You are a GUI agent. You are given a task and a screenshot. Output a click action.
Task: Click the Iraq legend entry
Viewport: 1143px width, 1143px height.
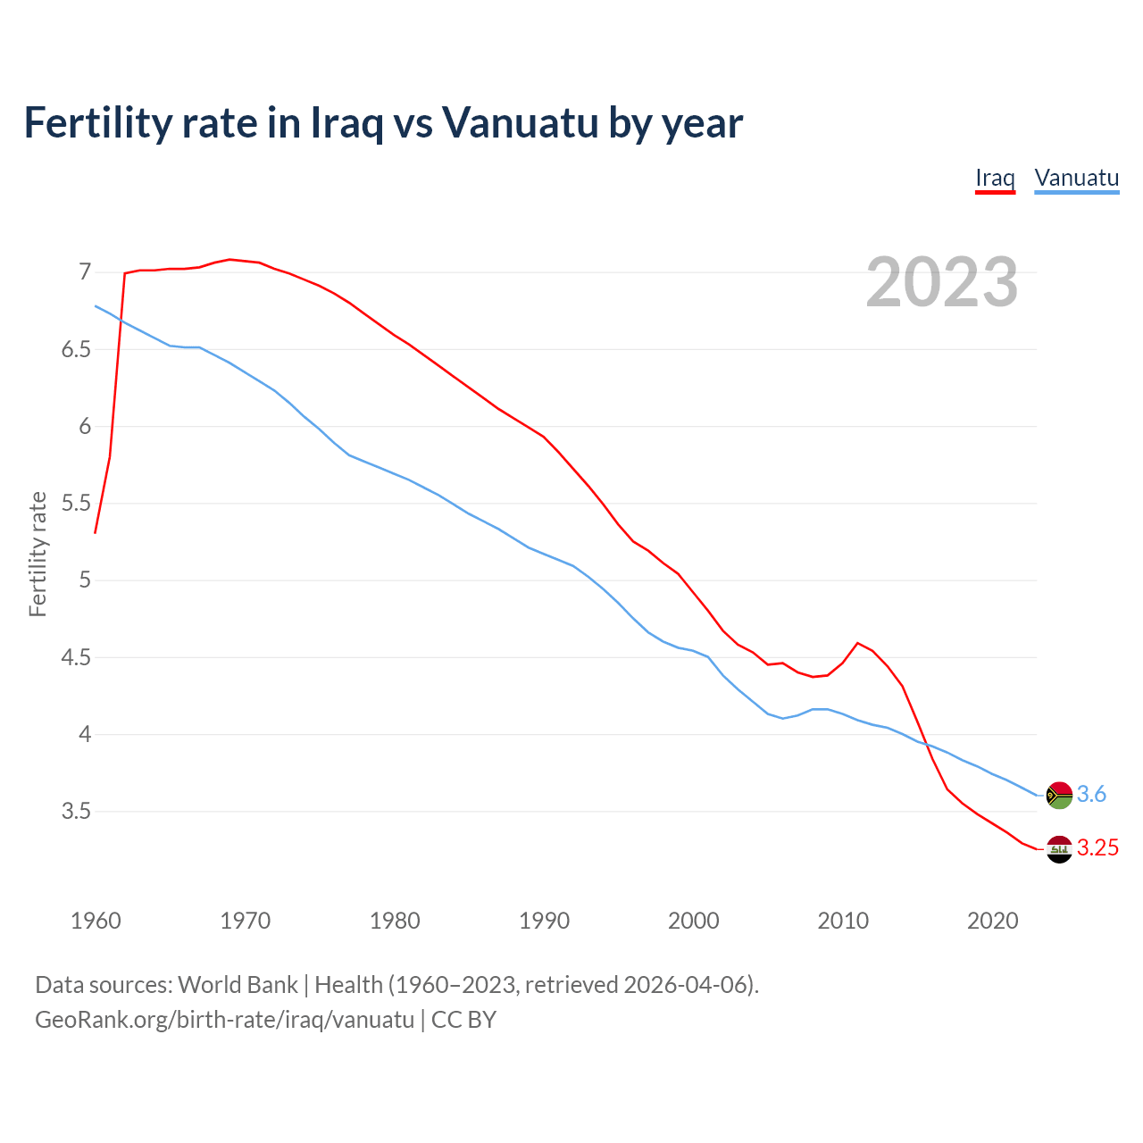[995, 178]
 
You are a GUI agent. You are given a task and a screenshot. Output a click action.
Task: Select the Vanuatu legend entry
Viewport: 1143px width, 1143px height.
[1076, 178]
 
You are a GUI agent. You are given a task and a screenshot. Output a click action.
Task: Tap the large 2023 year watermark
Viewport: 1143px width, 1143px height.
[942, 282]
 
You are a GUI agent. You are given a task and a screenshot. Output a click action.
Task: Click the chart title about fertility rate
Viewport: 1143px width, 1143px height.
[383, 122]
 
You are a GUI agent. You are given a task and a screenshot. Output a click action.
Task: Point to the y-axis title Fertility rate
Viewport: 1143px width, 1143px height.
[38, 554]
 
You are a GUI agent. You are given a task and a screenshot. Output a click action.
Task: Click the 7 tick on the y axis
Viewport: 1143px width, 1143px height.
[85, 271]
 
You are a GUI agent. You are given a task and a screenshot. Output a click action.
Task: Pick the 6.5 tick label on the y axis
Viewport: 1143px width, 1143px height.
[76, 349]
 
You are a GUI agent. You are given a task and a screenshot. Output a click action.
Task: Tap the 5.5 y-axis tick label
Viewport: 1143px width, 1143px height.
[76, 504]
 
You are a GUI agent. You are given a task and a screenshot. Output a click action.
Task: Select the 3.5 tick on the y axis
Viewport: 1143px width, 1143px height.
[76, 812]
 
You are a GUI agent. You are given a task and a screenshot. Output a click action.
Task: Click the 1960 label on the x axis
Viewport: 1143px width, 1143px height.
[96, 921]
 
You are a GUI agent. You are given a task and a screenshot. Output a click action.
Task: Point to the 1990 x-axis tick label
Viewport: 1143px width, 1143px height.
[544, 921]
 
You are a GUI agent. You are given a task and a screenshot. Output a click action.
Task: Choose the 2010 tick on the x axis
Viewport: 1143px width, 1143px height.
[843, 921]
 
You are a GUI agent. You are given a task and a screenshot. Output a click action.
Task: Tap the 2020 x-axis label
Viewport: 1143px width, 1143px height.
[992, 921]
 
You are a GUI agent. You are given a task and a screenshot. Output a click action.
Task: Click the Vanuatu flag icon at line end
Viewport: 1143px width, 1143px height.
[1059, 795]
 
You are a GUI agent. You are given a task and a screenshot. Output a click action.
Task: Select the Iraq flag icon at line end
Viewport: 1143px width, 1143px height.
[1059, 849]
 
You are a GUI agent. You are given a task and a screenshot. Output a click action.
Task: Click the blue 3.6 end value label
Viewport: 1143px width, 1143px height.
[1091, 795]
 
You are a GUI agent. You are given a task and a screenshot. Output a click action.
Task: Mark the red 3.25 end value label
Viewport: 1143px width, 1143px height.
[1097, 848]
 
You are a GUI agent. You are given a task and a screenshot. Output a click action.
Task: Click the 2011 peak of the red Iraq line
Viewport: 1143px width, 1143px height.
[857, 643]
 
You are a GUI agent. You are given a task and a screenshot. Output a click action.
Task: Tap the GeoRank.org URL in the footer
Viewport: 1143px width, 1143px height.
[224, 1020]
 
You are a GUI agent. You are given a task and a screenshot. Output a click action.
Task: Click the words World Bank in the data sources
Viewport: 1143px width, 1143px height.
[238, 985]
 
